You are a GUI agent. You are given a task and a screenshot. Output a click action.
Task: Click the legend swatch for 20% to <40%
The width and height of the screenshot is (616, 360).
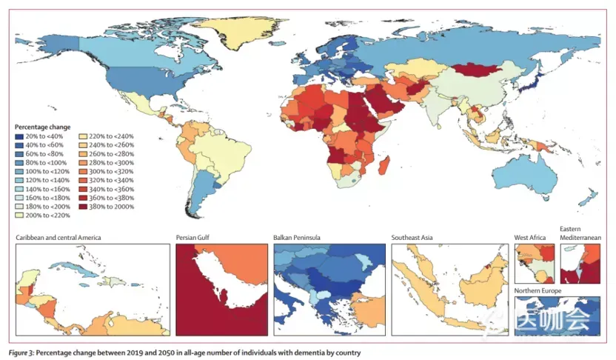tap(20, 136)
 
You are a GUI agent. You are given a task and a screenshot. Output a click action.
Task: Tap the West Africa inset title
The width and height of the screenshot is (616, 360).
tap(530, 238)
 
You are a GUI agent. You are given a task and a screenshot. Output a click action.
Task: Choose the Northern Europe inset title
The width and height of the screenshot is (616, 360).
tap(538, 291)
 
